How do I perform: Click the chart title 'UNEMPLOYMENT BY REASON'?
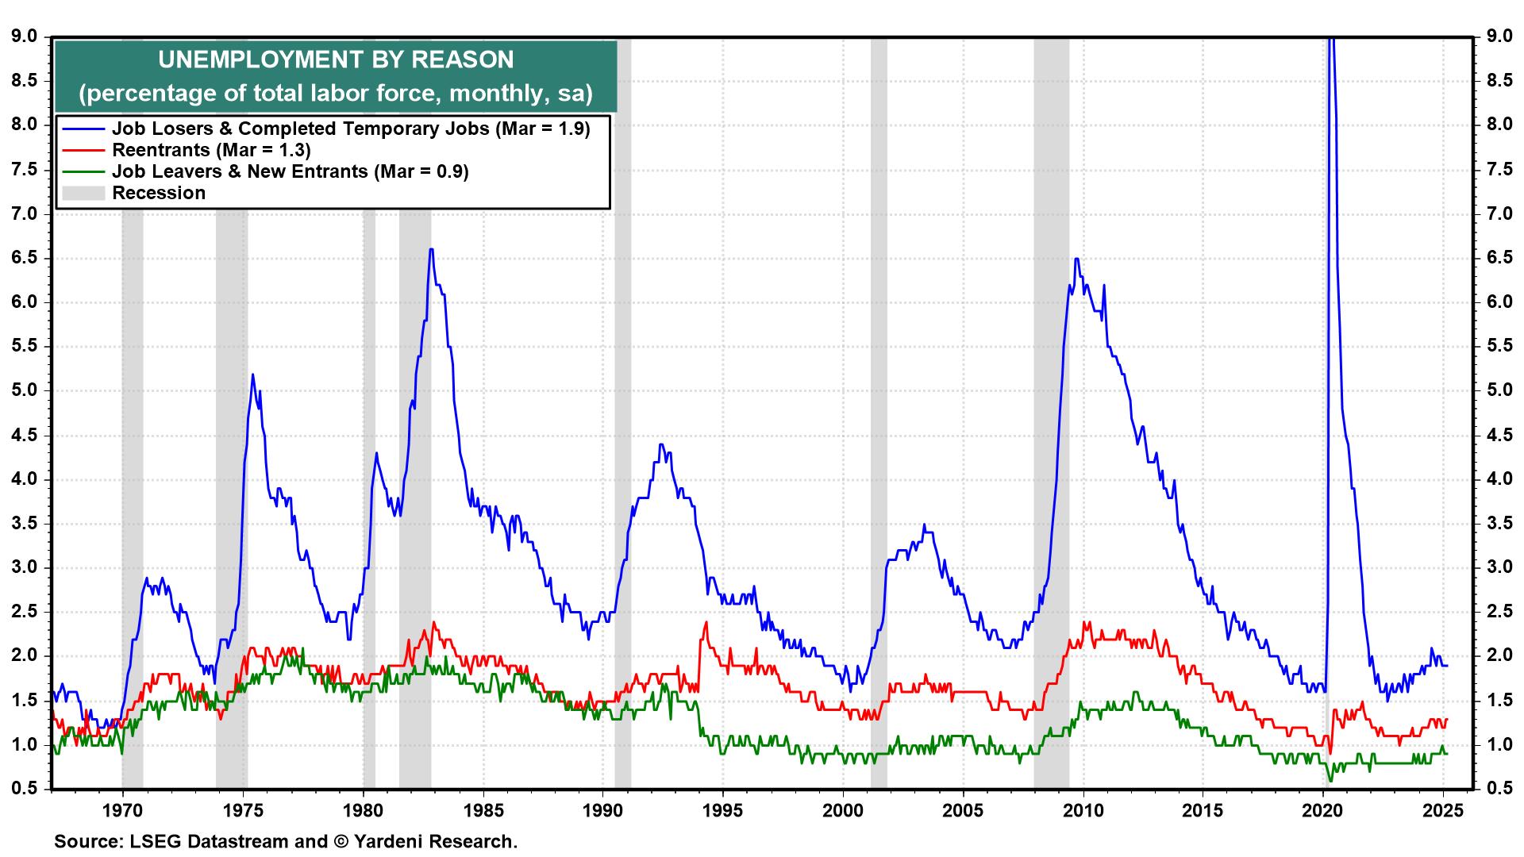pos(335,60)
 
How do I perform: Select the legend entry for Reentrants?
pos(210,150)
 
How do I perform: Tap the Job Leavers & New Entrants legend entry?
pos(290,171)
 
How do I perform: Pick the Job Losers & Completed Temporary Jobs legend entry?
pos(351,129)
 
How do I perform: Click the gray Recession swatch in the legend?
pos(83,193)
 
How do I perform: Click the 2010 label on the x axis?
pos(1083,811)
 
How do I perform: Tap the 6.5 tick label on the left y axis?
pos(23,259)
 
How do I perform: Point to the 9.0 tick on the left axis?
pos(23,37)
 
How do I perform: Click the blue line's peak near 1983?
pos(431,249)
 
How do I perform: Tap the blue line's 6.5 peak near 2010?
pos(1076,259)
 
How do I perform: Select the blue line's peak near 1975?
pos(252,375)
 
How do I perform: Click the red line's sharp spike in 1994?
pos(706,622)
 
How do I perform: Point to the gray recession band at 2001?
pos(879,413)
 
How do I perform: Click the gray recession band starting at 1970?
pos(133,413)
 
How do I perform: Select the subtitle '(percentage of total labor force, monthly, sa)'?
pos(335,93)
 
